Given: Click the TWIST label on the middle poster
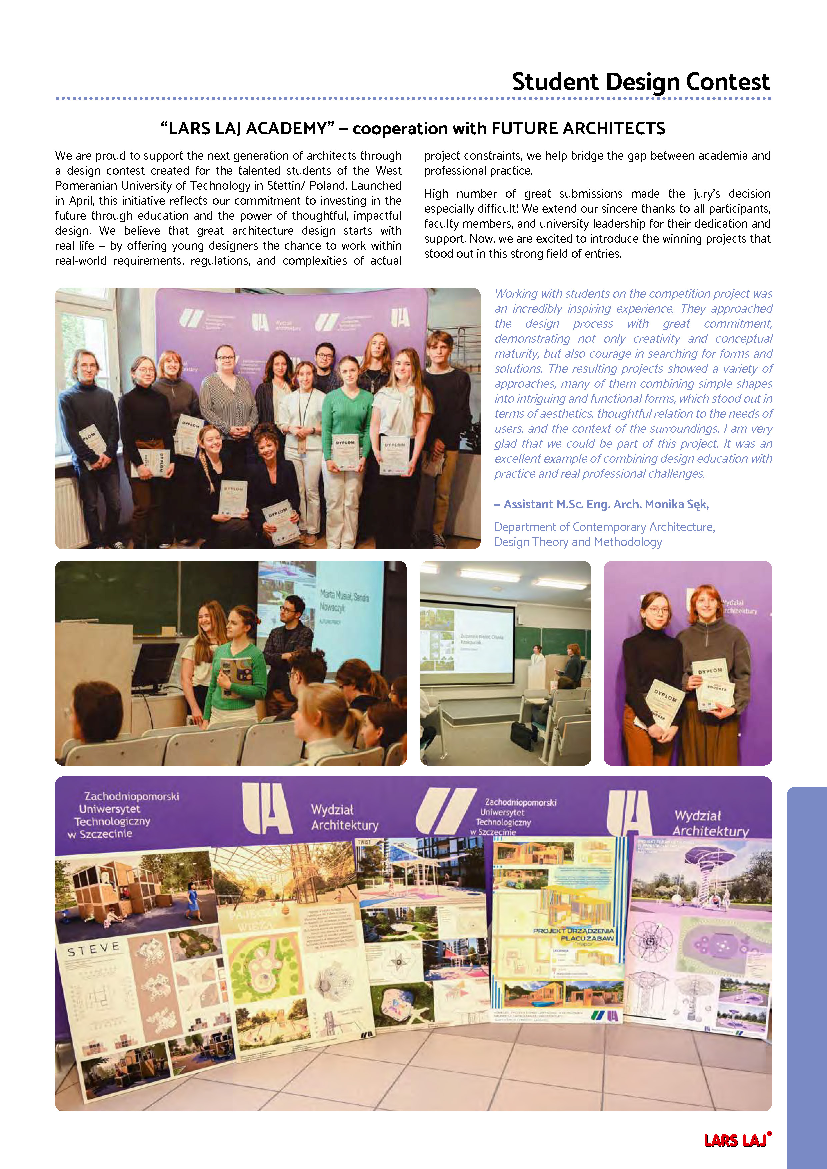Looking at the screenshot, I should [x=364, y=843].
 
